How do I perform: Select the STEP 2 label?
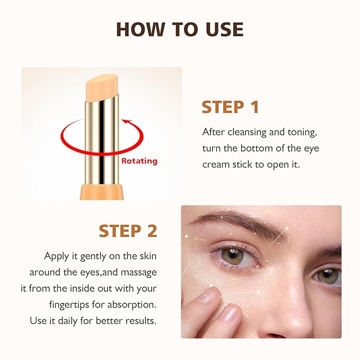click(x=128, y=231)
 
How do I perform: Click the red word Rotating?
click(x=139, y=161)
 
